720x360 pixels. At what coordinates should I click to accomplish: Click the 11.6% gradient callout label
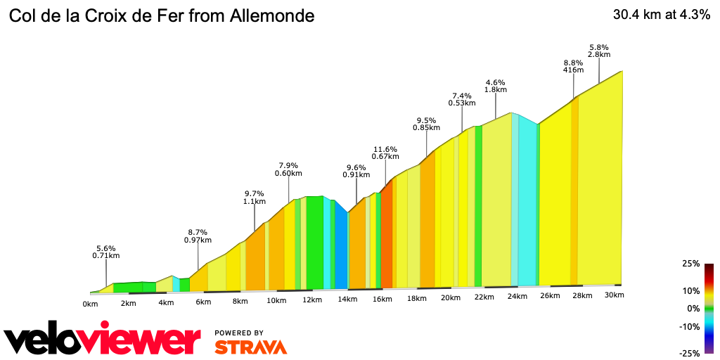[385, 149]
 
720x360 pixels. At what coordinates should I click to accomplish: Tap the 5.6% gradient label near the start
[105, 248]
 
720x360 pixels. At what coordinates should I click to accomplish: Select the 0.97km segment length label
[198, 240]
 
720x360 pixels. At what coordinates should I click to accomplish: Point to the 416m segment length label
[574, 70]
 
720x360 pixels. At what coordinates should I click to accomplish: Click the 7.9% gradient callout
[288, 166]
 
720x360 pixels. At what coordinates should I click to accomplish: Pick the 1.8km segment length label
[496, 90]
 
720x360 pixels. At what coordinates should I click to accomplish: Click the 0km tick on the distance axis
[90, 304]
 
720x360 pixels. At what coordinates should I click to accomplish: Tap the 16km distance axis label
[382, 300]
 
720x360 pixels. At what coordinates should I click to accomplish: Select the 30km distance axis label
[615, 295]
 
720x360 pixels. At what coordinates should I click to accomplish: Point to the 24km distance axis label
[517, 297]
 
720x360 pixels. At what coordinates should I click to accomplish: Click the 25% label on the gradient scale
[690, 264]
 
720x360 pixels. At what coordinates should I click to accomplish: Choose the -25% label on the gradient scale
[689, 353]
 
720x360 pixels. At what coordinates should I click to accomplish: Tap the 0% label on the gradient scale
[693, 308]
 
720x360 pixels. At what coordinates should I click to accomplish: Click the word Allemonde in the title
[271, 15]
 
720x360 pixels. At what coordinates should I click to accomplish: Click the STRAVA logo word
[250, 347]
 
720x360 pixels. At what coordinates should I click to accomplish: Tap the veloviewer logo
[103, 339]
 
